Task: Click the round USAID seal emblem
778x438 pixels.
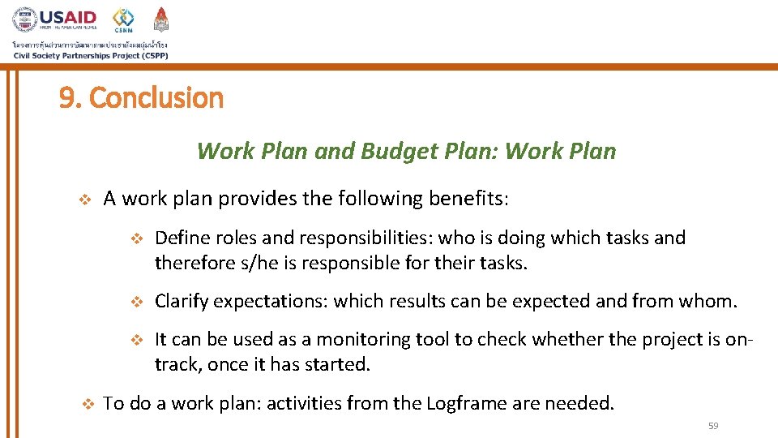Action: tap(24, 19)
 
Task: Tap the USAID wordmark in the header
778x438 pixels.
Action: tap(68, 18)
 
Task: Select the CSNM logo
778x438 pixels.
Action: tap(123, 20)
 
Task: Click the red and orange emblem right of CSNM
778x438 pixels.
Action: tap(161, 19)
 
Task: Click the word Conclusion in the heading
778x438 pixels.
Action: tap(156, 98)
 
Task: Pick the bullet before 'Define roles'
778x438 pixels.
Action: tap(136, 238)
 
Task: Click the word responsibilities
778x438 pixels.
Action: tap(366, 238)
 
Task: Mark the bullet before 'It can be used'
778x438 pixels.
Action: tap(136, 340)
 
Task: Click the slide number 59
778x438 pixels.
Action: tap(713, 426)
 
